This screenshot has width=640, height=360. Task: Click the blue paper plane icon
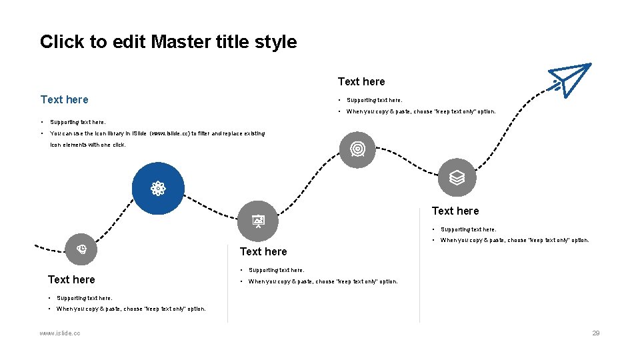570,79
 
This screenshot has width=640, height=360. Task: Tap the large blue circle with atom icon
158,189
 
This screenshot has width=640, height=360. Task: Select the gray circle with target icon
357,149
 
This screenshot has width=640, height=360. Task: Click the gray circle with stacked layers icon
457,177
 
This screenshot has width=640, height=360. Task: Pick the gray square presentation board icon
258,219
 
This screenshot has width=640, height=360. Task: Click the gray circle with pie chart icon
81,250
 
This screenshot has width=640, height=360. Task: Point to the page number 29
596,333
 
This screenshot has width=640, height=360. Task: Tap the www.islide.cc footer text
60,333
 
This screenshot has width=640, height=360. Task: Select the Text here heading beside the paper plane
361,81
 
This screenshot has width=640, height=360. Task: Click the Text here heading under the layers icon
455,211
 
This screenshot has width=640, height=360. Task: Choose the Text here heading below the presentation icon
263,251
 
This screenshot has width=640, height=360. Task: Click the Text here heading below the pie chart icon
71,279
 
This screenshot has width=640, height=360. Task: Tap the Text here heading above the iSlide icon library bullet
64,99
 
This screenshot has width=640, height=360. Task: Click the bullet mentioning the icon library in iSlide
157,133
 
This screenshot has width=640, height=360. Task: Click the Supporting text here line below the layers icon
468,229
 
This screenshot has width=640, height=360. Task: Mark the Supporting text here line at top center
374,101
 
